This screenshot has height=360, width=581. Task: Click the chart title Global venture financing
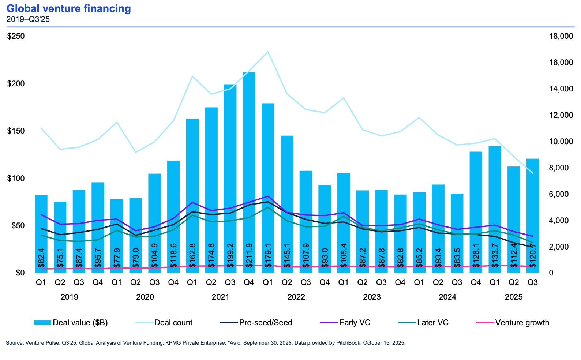coord(68,8)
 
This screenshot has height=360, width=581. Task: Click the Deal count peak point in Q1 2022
coord(268,52)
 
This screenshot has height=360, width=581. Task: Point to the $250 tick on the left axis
coord(16,36)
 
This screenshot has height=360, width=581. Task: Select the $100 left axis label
coord(16,178)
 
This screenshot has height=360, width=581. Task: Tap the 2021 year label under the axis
coord(221,297)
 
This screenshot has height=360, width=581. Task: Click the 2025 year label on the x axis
coord(514,297)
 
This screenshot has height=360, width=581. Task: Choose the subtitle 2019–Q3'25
coord(28,19)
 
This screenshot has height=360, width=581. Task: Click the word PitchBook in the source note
coord(348,343)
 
